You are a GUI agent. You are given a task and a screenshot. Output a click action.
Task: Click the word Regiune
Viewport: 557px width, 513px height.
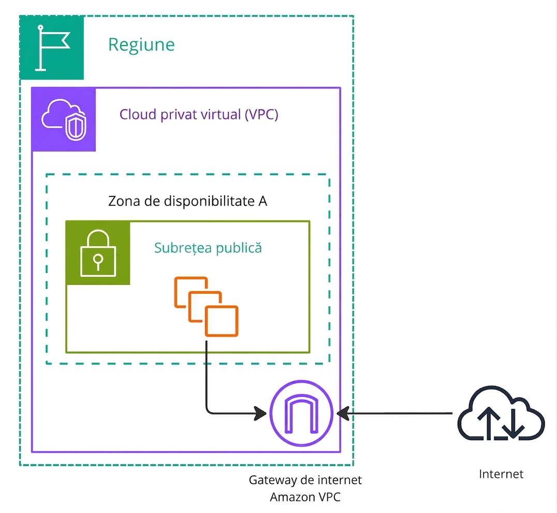pyautogui.click(x=141, y=45)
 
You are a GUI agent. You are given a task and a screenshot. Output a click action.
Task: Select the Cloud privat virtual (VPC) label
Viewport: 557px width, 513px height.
pyautogui.click(x=199, y=114)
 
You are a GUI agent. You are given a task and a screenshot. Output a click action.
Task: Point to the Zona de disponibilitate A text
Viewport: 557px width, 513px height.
pyautogui.click(x=187, y=201)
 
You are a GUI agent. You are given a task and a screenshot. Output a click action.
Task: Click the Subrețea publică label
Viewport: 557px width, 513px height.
pyautogui.click(x=208, y=248)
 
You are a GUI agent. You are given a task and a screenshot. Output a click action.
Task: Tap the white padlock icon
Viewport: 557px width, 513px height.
pyautogui.click(x=98, y=253)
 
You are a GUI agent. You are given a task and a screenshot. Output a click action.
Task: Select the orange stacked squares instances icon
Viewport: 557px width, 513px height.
pyautogui.click(x=206, y=307)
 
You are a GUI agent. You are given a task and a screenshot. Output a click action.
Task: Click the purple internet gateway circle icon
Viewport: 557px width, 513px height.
pyautogui.click(x=301, y=413)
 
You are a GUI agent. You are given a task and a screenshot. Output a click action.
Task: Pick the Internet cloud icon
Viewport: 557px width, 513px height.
pyautogui.click(x=501, y=413)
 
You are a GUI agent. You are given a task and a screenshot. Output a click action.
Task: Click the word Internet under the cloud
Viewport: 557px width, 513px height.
pyautogui.click(x=501, y=474)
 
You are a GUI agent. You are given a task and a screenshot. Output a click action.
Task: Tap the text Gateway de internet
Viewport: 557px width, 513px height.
pyautogui.click(x=305, y=480)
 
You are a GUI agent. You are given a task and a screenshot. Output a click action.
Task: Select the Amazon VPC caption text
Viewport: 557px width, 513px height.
pyautogui.click(x=305, y=497)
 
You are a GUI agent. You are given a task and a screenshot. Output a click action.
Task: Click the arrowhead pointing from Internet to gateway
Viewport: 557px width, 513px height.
pyautogui.click(x=343, y=413)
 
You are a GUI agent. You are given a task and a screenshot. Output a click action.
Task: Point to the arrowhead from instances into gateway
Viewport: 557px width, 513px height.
pyautogui.click(x=260, y=413)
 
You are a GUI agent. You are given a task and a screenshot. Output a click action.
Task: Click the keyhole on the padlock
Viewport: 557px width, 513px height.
pyautogui.click(x=98, y=261)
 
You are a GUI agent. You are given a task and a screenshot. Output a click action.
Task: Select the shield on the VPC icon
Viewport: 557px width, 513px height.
pyautogui.click(x=76, y=127)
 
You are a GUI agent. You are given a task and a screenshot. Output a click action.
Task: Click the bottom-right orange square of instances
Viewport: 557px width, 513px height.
pyautogui.click(x=222, y=321)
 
